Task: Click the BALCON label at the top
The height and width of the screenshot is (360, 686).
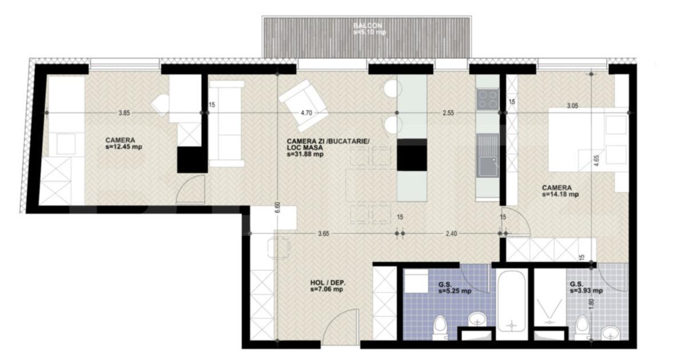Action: coord(368,26)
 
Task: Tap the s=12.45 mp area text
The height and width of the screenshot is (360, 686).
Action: coord(124,147)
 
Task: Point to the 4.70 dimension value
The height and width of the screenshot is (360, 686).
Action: coord(306,113)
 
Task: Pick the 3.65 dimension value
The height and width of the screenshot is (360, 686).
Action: coord(324,233)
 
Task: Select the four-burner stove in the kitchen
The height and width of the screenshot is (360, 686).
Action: coord(488,99)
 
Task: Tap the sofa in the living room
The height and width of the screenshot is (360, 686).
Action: coord(227,123)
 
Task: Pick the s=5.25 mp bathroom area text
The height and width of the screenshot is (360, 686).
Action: coord(455,291)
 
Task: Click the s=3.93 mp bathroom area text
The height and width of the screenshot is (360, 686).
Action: coord(586,291)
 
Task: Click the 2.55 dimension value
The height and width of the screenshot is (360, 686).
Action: coord(448,113)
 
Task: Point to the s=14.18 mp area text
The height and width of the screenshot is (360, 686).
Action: coord(561,194)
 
